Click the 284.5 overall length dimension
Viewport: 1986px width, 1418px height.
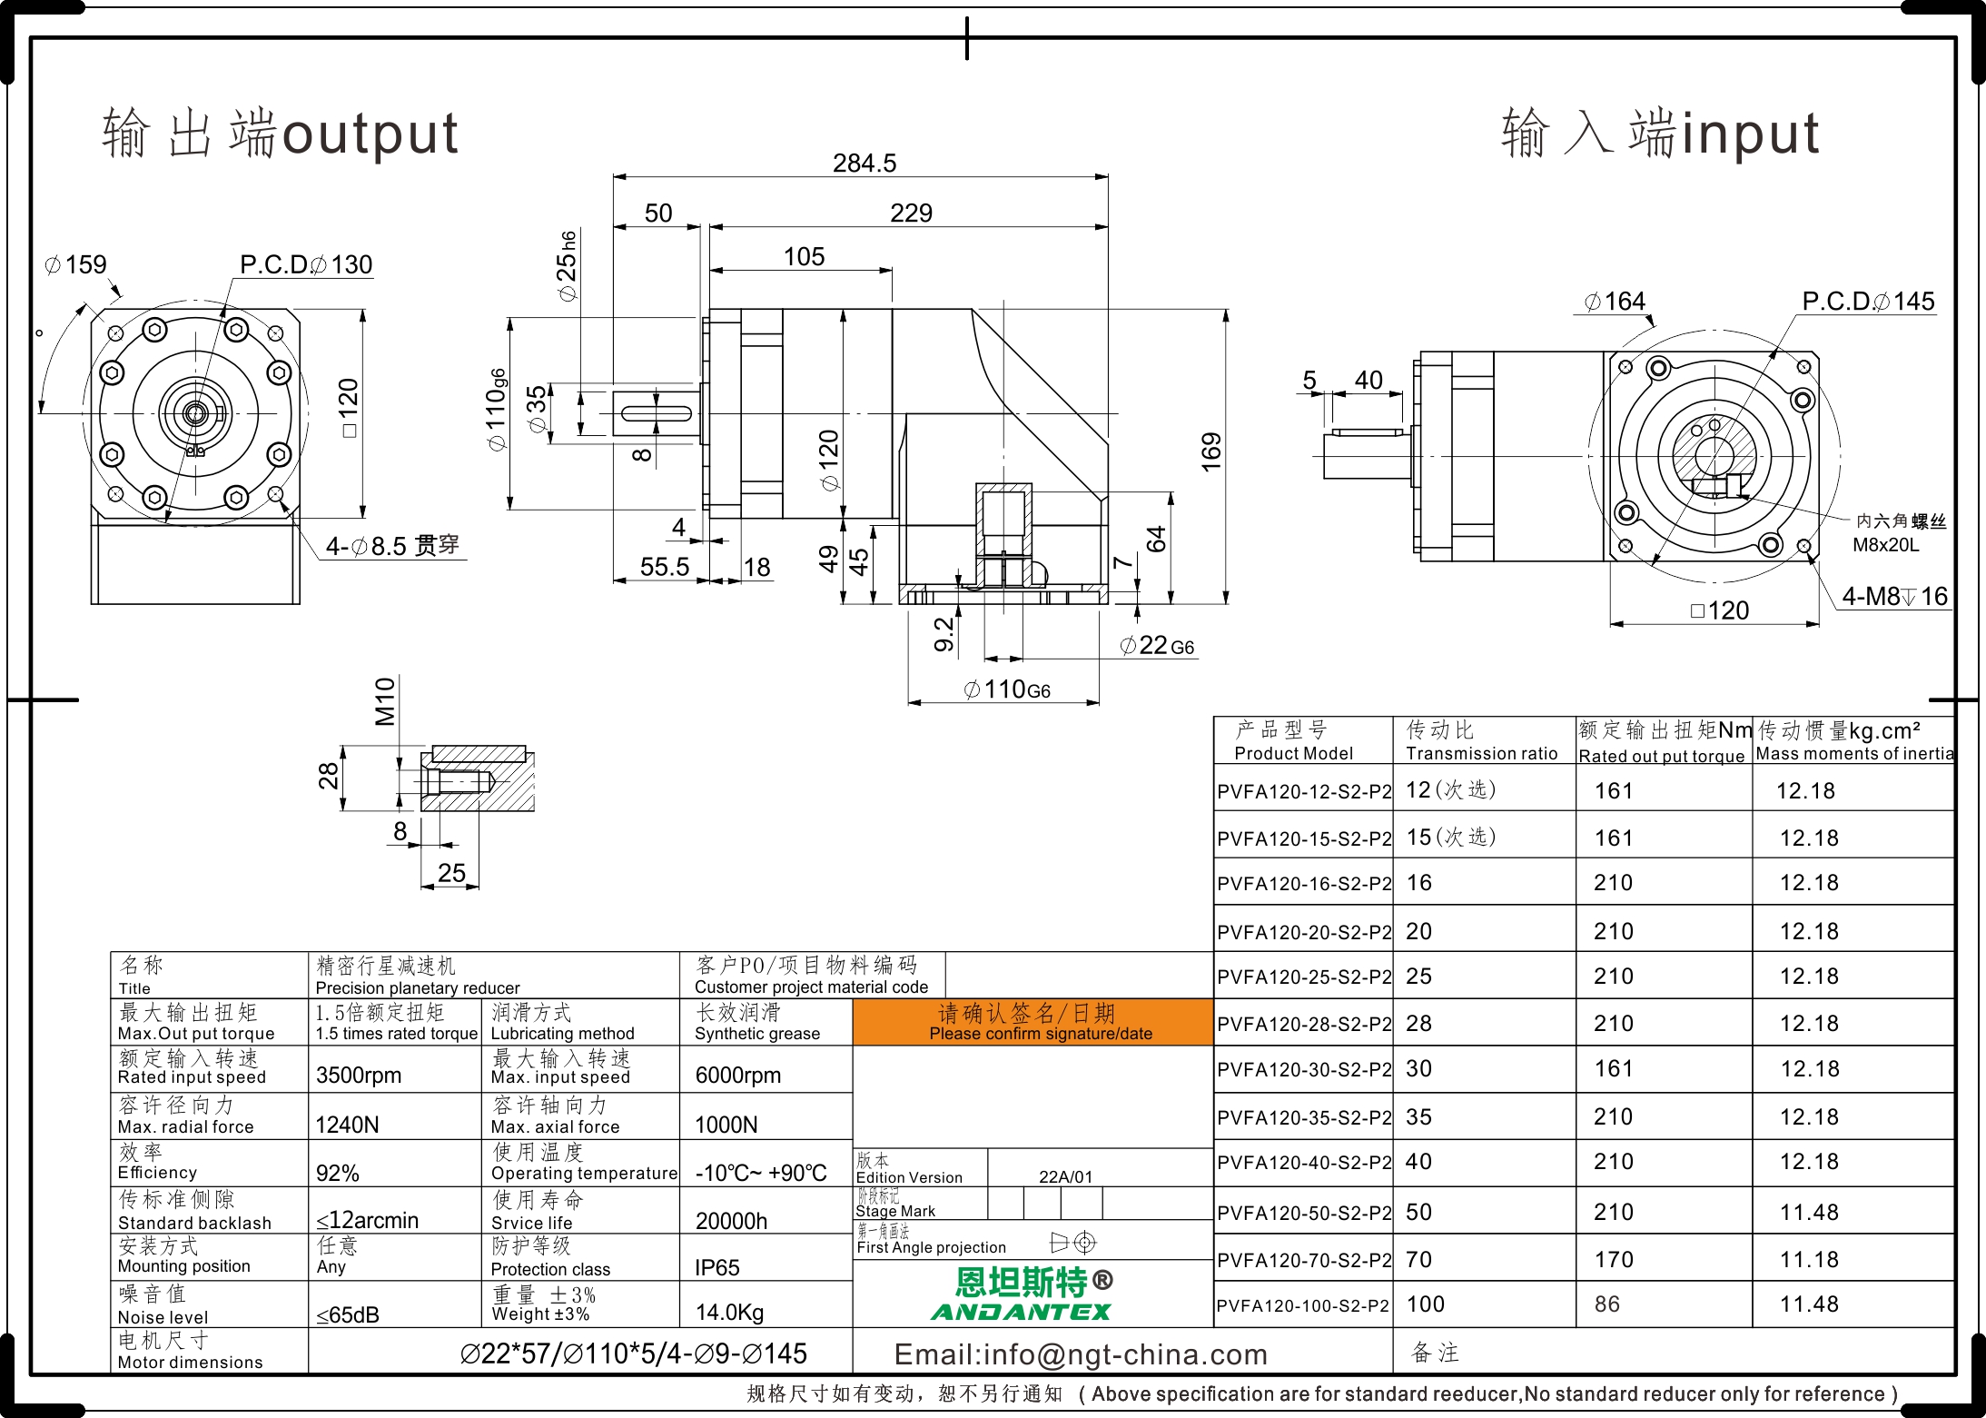coord(864,164)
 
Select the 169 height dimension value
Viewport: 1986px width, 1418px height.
coord(1211,452)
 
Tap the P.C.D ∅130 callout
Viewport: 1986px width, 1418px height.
coord(306,264)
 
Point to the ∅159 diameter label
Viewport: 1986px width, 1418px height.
coord(76,264)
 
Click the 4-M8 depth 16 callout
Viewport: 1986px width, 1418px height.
coord(1894,596)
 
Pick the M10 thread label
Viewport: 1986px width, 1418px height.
coord(385,701)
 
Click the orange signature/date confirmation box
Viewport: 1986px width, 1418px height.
coord(1033,1022)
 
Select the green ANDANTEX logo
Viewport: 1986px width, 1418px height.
coord(1021,1312)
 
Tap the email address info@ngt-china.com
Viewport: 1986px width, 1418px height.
coord(1081,1354)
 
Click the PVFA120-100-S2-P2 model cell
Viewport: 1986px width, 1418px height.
coord(1302,1305)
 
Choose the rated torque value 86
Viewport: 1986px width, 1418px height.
coord(1606,1304)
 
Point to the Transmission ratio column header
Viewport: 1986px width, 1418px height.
coord(1481,753)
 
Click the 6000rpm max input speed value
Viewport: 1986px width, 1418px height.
coord(737,1076)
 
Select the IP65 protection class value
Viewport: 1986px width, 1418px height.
coord(716,1267)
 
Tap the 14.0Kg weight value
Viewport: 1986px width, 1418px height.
coord(729,1313)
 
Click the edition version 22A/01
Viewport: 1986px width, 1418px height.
coord(1065,1176)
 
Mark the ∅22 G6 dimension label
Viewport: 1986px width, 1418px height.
coord(1157,645)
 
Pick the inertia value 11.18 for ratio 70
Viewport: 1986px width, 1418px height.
coord(1809,1260)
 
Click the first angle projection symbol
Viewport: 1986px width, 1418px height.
coord(1073,1242)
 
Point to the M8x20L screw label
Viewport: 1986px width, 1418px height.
coord(1886,545)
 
